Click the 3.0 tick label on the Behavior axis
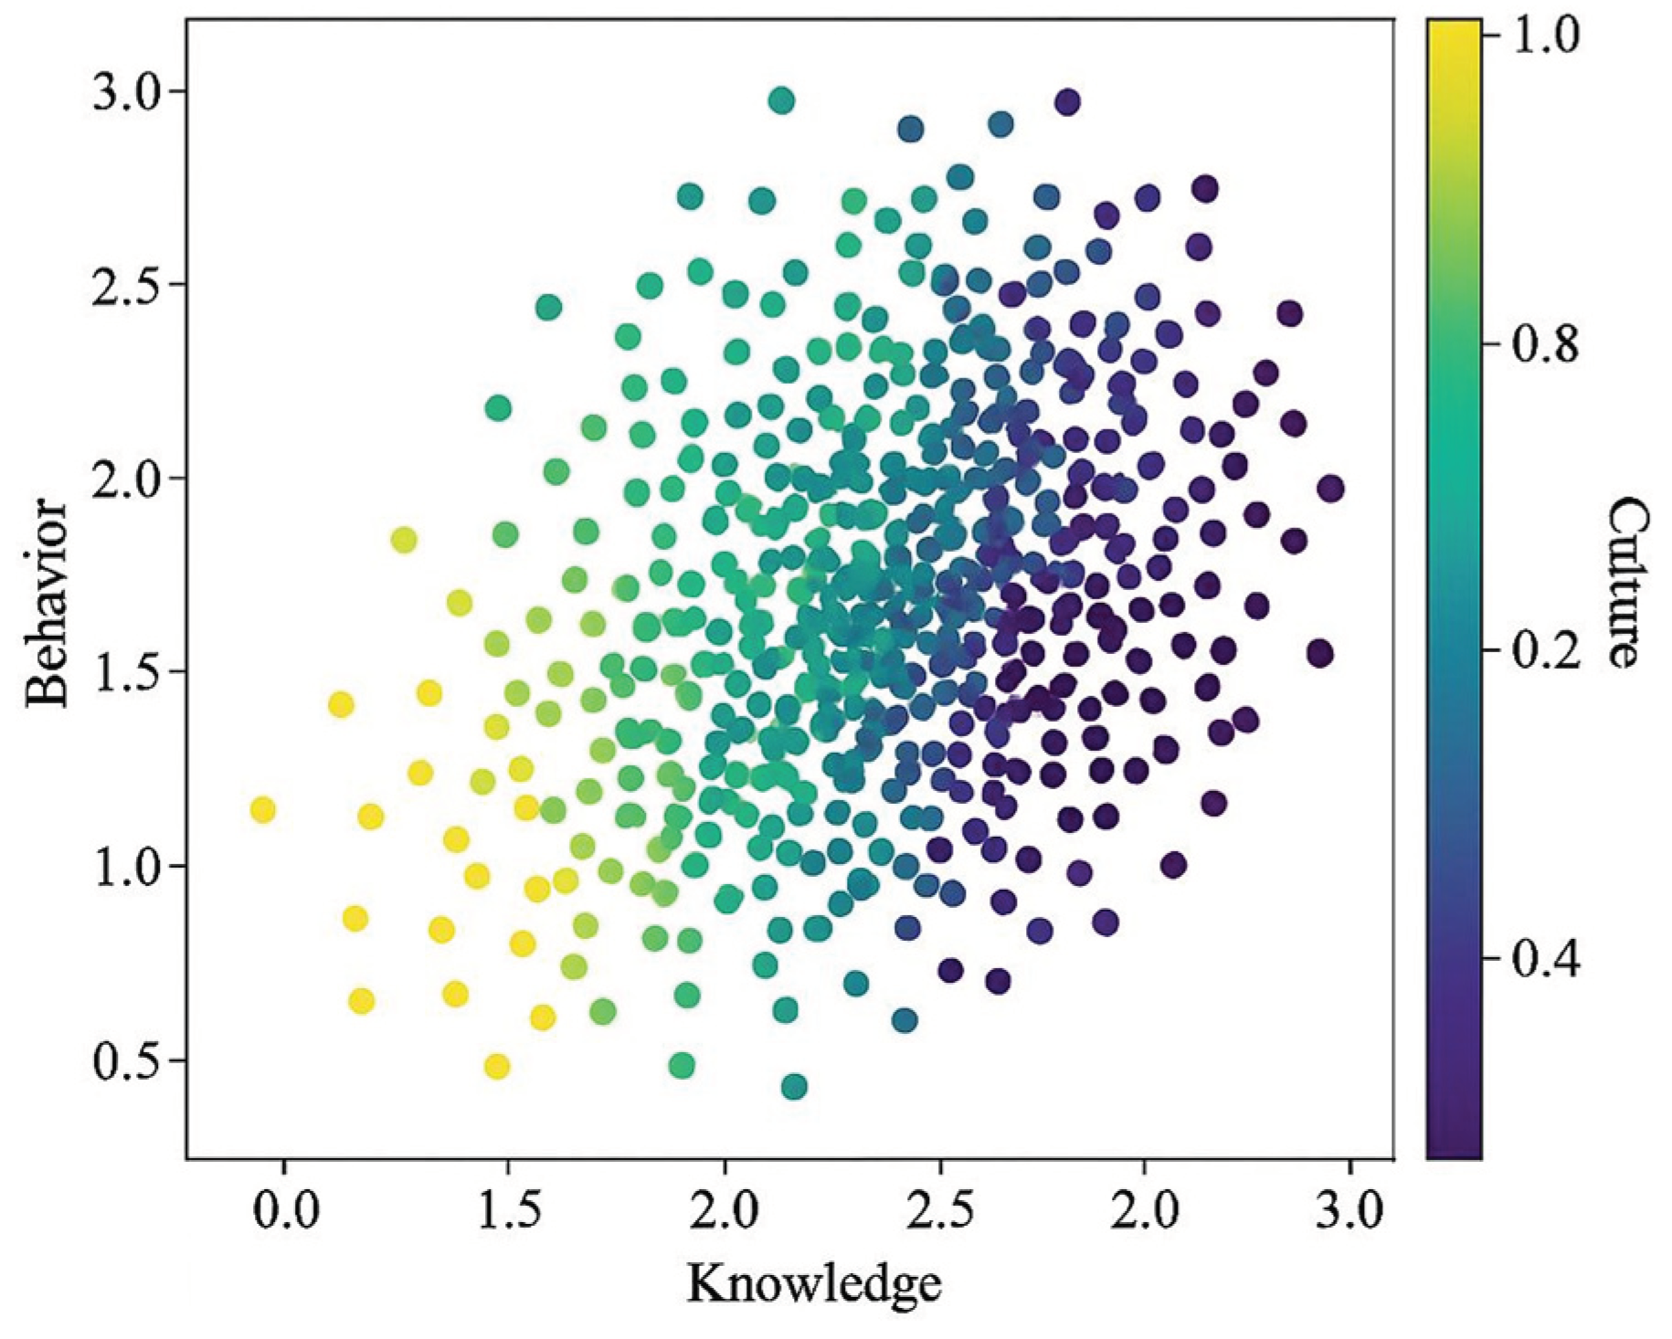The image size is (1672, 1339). coord(125,92)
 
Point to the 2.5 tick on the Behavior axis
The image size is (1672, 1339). coord(125,284)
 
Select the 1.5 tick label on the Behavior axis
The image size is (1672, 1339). coord(125,672)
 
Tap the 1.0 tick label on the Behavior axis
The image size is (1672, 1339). coord(125,866)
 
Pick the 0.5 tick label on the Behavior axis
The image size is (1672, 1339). coord(125,1060)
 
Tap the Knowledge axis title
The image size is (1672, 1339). coord(814,1283)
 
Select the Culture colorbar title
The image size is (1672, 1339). coord(1624,582)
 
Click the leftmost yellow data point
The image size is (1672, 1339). coord(263,809)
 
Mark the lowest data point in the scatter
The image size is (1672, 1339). coord(794,1087)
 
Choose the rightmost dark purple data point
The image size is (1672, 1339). coord(1330,489)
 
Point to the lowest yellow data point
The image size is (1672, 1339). coord(497,1066)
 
